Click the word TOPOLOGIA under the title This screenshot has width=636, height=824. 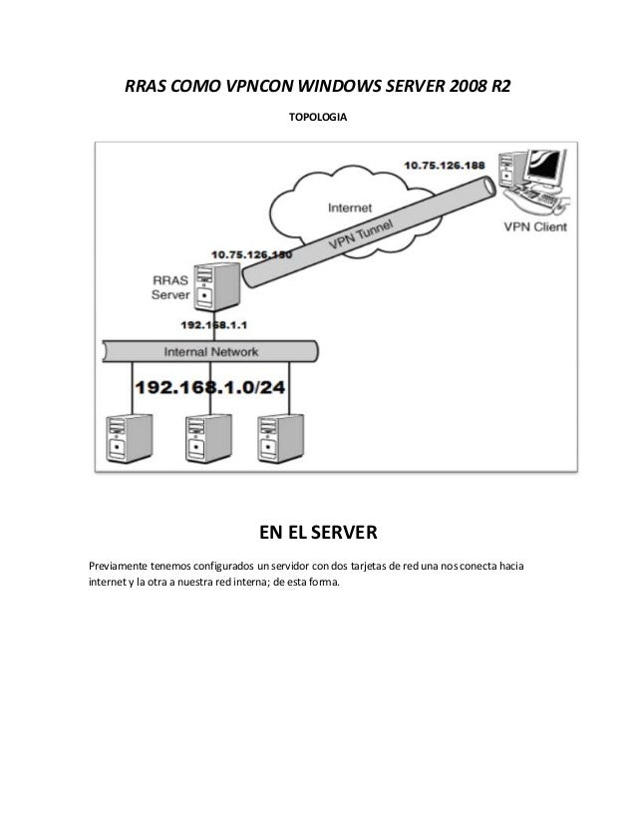tap(318, 118)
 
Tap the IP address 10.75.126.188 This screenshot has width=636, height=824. tap(446, 165)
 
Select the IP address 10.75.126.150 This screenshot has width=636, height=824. tap(251, 255)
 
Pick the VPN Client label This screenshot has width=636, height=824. tap(534, 226)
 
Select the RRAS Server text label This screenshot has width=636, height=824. tap(169, 287)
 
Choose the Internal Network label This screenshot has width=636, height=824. tap(211, 352)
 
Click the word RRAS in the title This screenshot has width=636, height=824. tap(148, 86)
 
